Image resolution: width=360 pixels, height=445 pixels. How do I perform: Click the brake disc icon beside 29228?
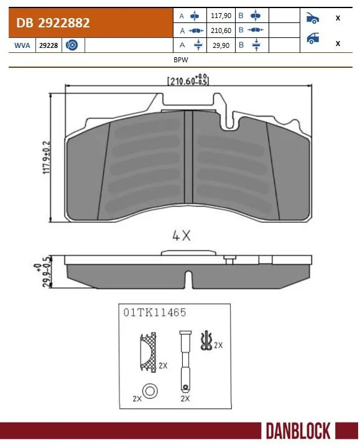coord(72,45)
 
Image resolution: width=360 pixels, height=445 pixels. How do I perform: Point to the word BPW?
coord(181,61)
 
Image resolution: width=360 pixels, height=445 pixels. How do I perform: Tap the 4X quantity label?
coord(181,236)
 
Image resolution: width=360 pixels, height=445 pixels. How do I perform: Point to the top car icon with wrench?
coord(313,18)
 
